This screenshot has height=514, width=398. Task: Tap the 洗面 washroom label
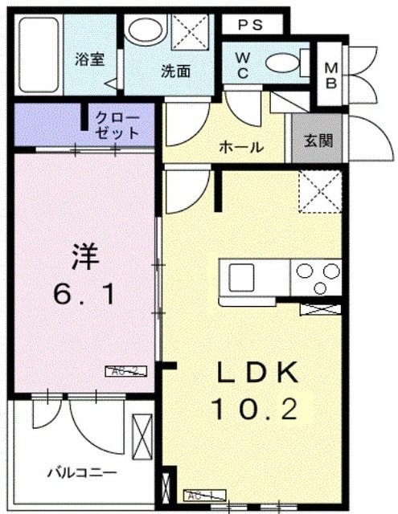175,70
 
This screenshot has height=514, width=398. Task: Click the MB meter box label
331,75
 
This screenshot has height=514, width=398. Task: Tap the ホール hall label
240,147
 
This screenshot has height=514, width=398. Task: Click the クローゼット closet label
117,125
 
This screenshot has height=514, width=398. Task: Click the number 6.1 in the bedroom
85,295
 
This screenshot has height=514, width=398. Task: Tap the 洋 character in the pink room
85,257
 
